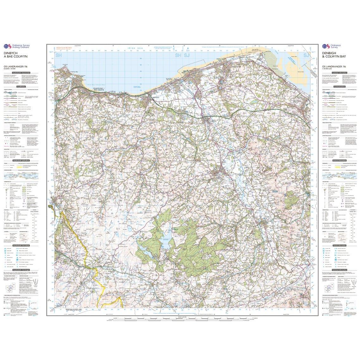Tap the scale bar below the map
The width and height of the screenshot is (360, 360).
point(180,317)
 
